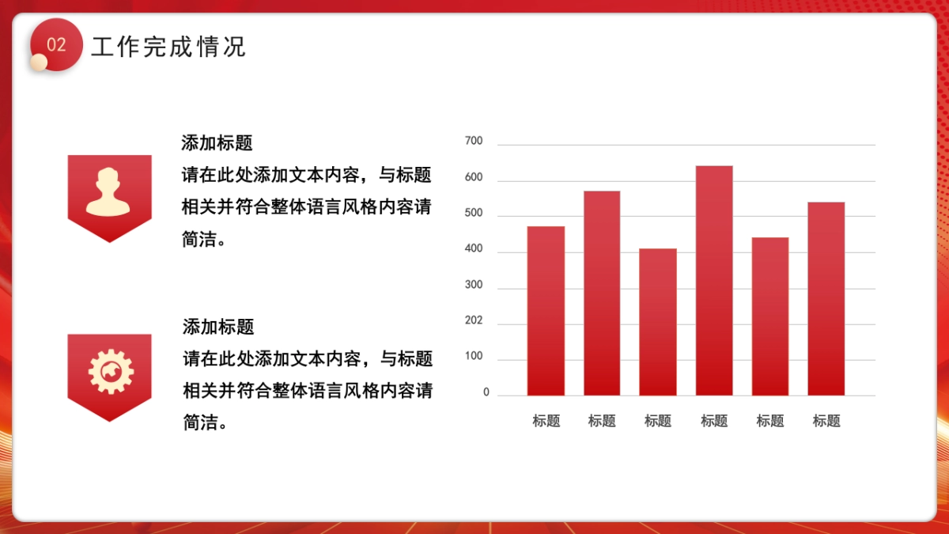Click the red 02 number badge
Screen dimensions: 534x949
tap(56, 45)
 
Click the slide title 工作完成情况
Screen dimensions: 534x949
tap(168, 47)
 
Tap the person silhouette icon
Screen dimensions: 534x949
tap(109, 191)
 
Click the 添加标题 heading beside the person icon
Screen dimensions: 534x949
tap(217, 143)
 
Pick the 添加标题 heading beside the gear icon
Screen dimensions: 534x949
tap(218, 327)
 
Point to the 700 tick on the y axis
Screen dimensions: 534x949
tap(474, 142)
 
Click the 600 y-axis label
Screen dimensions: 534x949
tap(474, 178)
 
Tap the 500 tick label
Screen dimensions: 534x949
tap(474, 214)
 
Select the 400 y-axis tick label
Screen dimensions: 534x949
tap(474, 249)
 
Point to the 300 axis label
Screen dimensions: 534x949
tap(474, 285)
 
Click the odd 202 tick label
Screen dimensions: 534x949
tap(474, 321)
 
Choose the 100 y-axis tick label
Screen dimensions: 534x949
tap(474, 357)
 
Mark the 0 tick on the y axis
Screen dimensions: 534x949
tap(486, 392)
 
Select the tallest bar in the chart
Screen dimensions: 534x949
tap(714, 280)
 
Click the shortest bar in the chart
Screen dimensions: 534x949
tap(658, 322)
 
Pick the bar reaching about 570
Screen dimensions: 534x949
tap(602, 293)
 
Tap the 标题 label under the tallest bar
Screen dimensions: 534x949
tap(714, 422)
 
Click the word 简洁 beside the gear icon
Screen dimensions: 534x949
tap(200, 423)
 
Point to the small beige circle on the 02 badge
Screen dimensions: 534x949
tap(39, 62)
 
